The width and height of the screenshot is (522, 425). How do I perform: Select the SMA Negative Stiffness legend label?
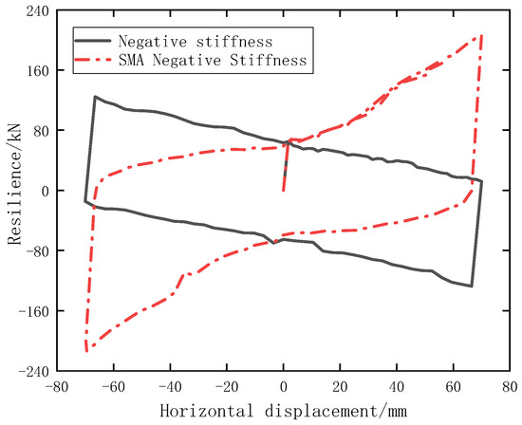click(212, 60)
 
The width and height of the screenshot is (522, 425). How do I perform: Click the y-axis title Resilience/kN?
click(13, 190)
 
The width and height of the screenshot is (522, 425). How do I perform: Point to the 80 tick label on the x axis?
click(510, 388)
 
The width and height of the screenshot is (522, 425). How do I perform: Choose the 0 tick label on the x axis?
click(283, 388)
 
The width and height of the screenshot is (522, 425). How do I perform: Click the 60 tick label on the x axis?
click(454, 388)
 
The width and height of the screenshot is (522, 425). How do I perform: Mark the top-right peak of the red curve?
click(481, 35)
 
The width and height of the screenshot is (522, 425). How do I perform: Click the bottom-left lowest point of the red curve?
click(86, 350)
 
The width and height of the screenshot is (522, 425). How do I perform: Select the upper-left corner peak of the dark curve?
click(95, 97)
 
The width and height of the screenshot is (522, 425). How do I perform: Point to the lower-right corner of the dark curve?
click(471, 286)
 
